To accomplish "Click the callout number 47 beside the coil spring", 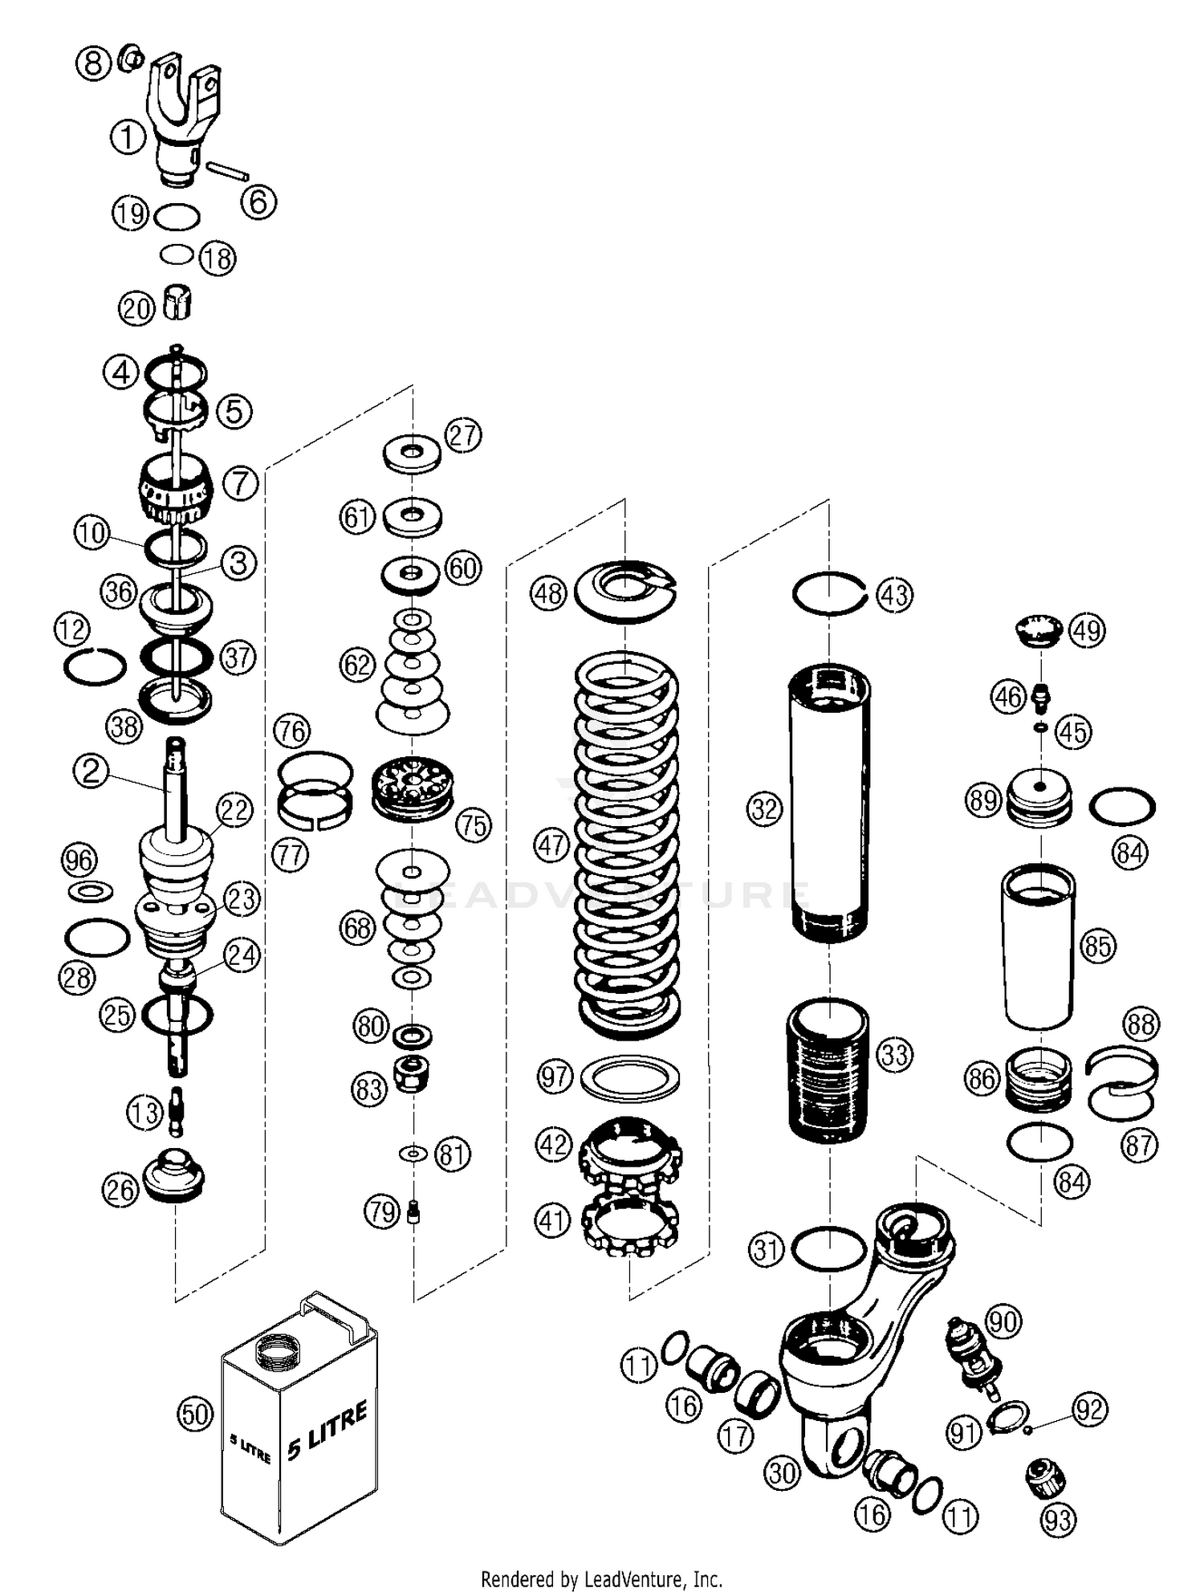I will (551, 845).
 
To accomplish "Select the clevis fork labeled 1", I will (183, 120).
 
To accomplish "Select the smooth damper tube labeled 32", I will (829, 803).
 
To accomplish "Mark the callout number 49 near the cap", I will (1088, 630).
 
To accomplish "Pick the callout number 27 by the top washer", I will (463, 436).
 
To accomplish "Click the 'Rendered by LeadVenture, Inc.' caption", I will (601, 1579).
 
